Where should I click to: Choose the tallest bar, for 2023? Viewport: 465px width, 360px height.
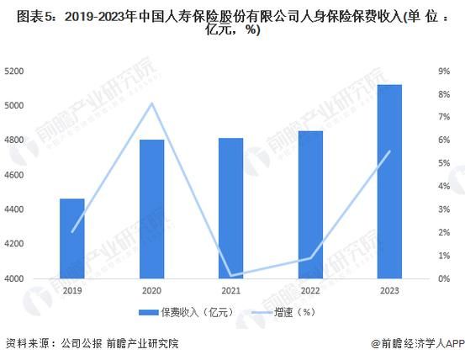(388, 181)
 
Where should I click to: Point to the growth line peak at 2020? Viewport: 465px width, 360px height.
(151, 103)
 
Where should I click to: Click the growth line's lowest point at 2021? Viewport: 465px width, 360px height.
(230, 275)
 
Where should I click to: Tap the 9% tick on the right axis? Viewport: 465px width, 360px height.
(446, 71)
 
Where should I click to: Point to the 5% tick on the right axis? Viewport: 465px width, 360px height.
(446, 163)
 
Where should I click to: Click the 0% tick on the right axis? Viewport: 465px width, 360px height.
(446, 278)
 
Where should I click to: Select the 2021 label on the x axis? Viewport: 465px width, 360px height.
(230, 290)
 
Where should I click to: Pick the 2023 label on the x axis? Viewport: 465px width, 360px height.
(388, 290)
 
